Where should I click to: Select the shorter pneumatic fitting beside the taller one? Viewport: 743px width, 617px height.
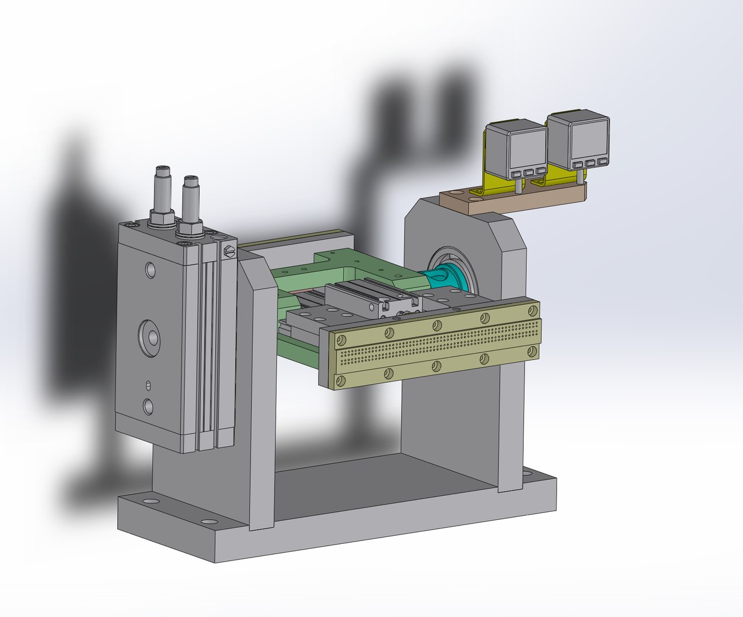point(190,200)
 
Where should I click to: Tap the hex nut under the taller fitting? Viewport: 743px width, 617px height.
point(162,218)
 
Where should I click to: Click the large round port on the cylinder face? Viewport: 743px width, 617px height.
point(150,335)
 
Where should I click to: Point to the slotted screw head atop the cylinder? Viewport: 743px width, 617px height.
point(229,251)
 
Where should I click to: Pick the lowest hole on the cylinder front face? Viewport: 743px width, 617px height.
point(149,406)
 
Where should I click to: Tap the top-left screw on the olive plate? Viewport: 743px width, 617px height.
point(341,340)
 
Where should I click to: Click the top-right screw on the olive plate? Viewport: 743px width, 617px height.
point(533,310)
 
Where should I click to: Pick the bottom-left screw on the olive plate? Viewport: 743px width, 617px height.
point(341,380)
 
